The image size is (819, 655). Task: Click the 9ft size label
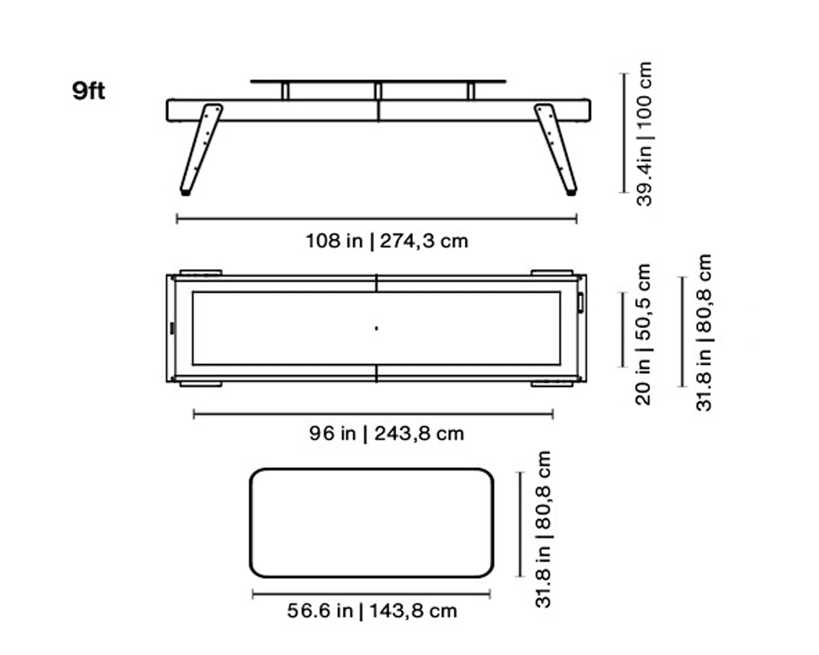click(x=88, y=91)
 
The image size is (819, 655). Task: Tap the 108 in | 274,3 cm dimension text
click(x=387, y=241)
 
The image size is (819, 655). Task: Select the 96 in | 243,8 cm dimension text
click(x=387, y=434)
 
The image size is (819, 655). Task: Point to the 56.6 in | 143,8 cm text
click(x=372, y=611)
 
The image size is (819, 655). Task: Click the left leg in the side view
click(x=201, y=147)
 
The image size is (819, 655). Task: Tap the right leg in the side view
click(x=556, y=147)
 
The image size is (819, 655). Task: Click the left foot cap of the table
click(x=186, y=192)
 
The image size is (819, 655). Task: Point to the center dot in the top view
click(x=376, y=328)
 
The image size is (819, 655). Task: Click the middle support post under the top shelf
click(x=378, y=91)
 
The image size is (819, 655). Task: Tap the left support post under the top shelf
click(x=285, y=91)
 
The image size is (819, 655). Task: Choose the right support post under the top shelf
click(x=471, y=91)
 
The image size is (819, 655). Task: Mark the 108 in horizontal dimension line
click(x=377, y=219)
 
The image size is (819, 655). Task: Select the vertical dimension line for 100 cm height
click(x=624, y=133)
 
